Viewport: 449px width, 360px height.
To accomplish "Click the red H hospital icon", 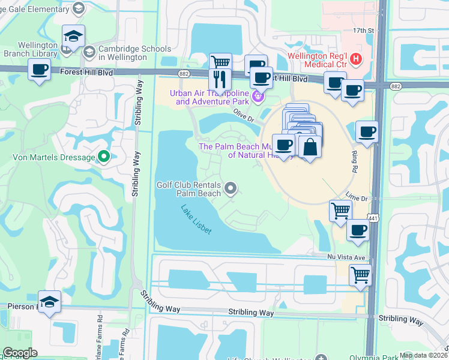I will click(x=357, y=59).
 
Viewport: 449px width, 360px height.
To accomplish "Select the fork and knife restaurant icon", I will click(x=220, y=79).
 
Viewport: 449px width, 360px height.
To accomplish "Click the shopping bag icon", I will click(x=310, y=146).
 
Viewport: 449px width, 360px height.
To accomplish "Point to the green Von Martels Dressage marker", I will click(x=104, y=157).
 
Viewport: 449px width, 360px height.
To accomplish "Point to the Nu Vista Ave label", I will click(x=346, y=257).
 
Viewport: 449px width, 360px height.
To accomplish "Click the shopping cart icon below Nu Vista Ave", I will click(x=360, y=275).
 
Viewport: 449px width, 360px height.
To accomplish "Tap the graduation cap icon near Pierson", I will click(x=49, y=301).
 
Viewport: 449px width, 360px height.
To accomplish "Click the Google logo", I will click(x=20, y=353).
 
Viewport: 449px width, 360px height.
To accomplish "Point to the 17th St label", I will click(x=363, y=30).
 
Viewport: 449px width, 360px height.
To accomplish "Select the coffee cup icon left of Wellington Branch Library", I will click(x=40, y=70).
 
